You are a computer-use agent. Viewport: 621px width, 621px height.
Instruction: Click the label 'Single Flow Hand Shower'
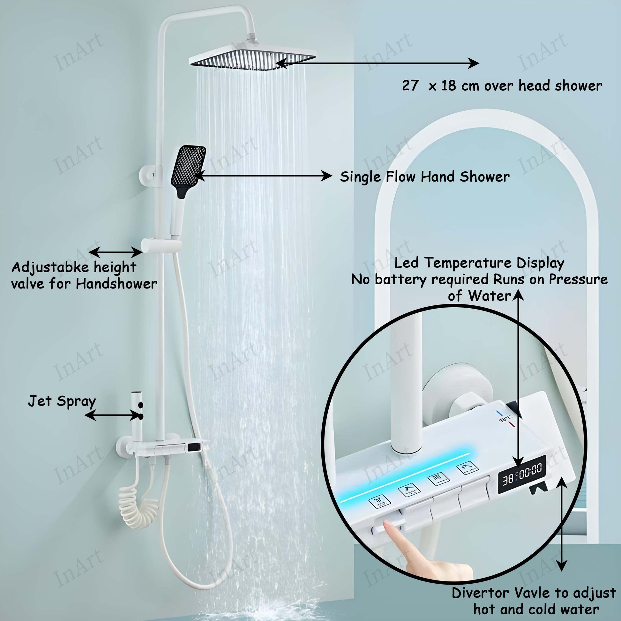click(425, 177)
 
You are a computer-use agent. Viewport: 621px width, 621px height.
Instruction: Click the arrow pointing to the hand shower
click(263, 176)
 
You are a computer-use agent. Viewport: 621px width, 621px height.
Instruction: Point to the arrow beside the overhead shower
click(378, 63)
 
